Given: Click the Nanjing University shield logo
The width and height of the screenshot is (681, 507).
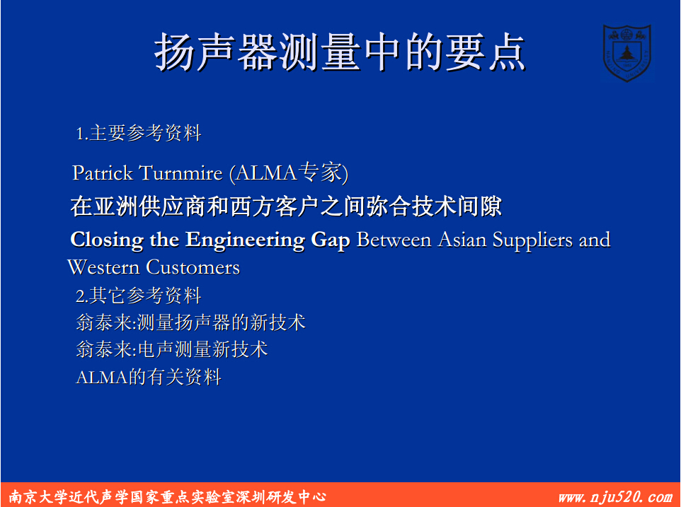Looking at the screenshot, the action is tap(626, 52).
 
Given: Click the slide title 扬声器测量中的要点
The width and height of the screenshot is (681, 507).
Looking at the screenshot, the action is tap(340, 52).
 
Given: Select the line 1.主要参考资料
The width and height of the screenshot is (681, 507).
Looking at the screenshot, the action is tap(139, 133).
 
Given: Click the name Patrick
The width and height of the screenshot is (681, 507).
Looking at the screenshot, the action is tap(103, 173).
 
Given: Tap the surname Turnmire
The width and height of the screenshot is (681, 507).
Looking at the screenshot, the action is tap(181, 173).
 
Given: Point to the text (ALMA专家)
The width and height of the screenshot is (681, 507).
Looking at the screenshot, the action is tap(289, 173).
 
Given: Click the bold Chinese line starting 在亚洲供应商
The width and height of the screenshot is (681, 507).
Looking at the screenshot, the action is tap(286, 206).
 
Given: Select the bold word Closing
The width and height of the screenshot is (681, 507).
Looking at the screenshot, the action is tap(107, 240).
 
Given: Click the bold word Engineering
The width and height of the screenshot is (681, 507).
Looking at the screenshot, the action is tap(245, 240).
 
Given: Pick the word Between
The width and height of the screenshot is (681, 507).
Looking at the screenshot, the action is tap(394, 240).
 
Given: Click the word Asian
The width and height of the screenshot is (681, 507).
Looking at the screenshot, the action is tap(462, 240).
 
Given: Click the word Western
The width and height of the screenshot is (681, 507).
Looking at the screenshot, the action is tap(103, 267).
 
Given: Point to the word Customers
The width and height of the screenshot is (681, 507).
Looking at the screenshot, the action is tap(193, 267).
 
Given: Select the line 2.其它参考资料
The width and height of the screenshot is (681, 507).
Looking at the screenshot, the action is tap(139, 296).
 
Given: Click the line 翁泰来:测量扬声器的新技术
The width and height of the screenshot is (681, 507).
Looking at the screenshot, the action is tap(190, 322).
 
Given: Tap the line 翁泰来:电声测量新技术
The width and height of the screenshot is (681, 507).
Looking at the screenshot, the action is tap(172, 349).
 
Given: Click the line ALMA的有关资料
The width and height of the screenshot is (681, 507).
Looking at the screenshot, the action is tap(149, 377).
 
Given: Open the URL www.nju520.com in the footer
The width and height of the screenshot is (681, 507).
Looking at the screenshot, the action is tap(615, 496).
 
